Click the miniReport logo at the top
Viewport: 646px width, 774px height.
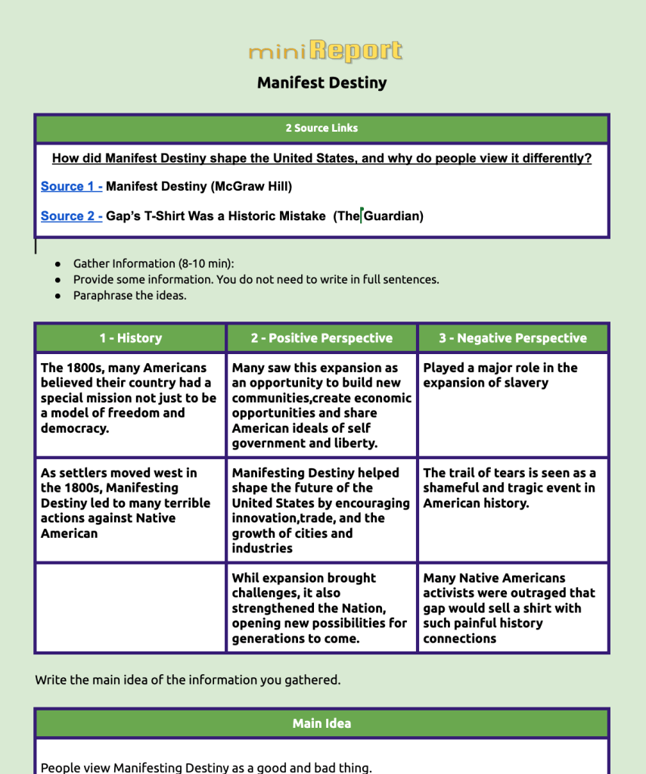tap(325, 51)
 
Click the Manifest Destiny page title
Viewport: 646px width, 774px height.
tap(321, 82)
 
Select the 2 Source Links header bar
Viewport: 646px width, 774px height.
tap(321, 128)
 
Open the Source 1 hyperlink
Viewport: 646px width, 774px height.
tap(71, 186)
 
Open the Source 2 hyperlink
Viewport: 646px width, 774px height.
tap(71, 216)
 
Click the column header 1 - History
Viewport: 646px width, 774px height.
tap(130, 338)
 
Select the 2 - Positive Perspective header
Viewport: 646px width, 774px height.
tap(321, 338)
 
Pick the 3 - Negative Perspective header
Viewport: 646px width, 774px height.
tap(513, 338)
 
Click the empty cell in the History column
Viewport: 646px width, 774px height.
tap(130, 608)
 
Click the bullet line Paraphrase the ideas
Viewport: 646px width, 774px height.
tap(129, 295)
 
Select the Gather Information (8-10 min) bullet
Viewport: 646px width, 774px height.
tap(154, 263)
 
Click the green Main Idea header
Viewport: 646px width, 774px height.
tap(321, 723)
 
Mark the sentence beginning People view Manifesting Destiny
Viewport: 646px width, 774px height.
tap(206, 767)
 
